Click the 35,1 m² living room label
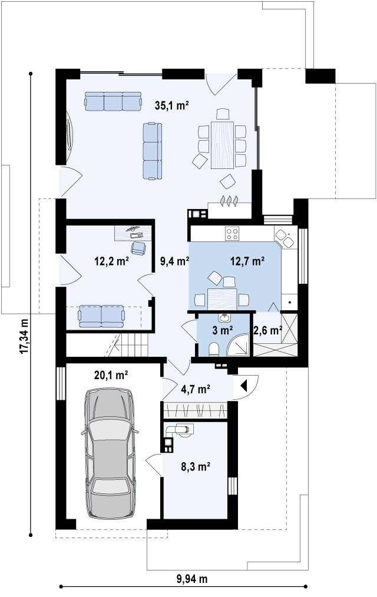pos(172,105)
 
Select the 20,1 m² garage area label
pos(111,376)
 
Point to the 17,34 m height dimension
pos(24,336)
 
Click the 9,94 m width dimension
pos(192,579)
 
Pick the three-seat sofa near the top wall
pos(113,101)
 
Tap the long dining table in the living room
pos(223,144)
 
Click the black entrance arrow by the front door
pos(244,386)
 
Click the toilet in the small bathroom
pos(214,349)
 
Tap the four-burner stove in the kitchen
pos(232,233)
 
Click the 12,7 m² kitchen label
pos(247,261)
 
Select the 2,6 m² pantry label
pos(267,330)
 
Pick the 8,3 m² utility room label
pos(196,466)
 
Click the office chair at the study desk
pos(138,248)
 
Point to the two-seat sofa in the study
pos(101,316)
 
